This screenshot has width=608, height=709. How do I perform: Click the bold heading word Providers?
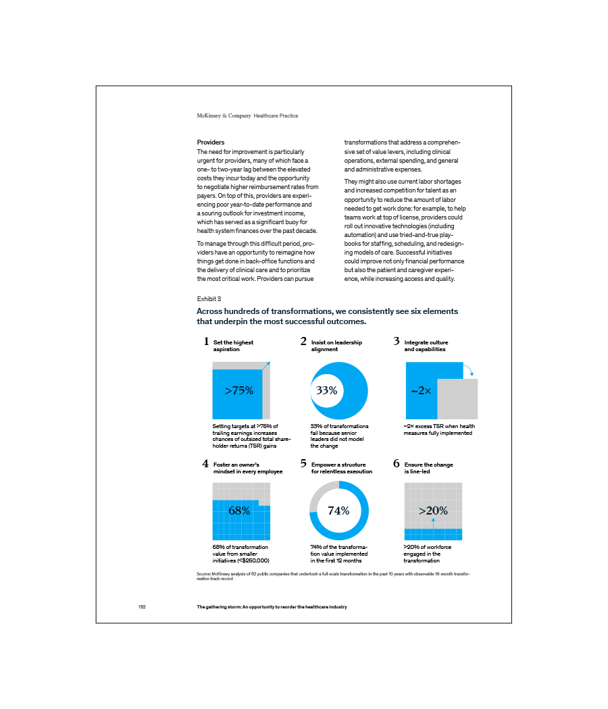211,142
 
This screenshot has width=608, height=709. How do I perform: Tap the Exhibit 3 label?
209,298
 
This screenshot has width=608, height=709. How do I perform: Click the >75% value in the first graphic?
238,390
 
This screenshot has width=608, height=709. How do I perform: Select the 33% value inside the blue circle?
326,390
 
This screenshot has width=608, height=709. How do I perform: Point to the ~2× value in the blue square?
420,390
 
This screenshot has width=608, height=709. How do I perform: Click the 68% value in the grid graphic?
239,510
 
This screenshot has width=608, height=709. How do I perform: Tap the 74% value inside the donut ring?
338,510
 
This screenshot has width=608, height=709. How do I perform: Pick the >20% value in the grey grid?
433,510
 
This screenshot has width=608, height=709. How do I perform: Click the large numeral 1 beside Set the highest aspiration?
206,342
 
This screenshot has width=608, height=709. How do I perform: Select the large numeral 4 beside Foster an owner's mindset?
205,464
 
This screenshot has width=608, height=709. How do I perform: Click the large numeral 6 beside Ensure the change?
397,464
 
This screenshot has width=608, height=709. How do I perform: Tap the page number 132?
142,607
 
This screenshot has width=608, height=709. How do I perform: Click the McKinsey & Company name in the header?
224,116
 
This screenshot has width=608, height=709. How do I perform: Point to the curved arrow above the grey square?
469,369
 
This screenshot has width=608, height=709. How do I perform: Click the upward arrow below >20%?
433,522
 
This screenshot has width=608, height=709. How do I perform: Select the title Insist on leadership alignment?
336,346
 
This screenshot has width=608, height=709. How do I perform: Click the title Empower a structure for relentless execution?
341,468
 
